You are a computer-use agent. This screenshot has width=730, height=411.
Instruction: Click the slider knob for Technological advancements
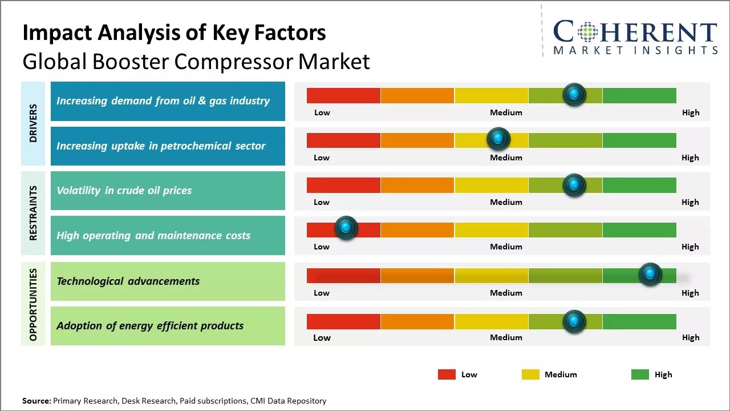point(650,275)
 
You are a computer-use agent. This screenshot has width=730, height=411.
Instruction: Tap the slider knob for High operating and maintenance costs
point(345,228)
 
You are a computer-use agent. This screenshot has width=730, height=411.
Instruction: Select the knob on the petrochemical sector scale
point(498,139)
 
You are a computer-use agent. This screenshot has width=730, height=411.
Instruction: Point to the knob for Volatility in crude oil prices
point(574,185)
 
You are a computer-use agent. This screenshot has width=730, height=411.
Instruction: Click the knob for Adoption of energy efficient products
point(574,321)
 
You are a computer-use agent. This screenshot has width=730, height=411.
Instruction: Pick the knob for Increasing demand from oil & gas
point(574,94)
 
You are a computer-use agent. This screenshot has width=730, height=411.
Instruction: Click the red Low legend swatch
point(447,374)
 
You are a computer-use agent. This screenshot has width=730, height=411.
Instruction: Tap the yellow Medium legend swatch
point(530,374)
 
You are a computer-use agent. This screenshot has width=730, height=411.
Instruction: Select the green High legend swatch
point(640,374)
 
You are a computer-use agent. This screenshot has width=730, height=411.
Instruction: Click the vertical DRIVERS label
point(33,123)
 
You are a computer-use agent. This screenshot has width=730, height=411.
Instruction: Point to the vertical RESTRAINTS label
point(33,213)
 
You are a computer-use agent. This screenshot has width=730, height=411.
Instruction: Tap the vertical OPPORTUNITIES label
point(33,304)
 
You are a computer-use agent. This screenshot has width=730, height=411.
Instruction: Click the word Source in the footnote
point(36,401)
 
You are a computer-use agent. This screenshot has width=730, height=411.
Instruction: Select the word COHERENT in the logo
point(635,32)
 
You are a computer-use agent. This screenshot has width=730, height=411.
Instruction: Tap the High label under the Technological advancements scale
point(690,293)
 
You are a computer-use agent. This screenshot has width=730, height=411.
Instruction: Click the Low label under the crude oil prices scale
point(322,202)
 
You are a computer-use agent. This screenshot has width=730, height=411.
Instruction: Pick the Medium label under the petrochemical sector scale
point(506,158)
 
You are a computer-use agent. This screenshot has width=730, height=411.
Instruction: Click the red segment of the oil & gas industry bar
point(343,95)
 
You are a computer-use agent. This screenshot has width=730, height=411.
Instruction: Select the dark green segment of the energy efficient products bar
point(639,321)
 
